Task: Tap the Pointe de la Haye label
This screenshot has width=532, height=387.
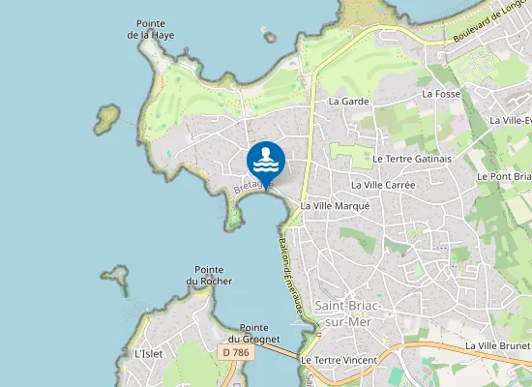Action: [149, 29]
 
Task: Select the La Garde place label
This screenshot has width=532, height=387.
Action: [348, 101]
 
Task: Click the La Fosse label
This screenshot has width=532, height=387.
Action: [440, 94]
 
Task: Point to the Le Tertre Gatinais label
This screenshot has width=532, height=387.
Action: [411, 159]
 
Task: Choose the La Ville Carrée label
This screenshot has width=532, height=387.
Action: [383, 184]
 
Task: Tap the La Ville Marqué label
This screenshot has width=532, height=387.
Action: [335, 206]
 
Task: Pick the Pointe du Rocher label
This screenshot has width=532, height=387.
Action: [209, 275]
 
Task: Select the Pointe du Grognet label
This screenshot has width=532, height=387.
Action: [253, 334]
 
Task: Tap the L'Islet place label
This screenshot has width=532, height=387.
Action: [149, 354]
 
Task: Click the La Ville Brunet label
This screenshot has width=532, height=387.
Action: [497, 345]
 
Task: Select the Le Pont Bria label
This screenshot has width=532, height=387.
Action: [504, 177]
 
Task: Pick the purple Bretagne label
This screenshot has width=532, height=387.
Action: [253, 184]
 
